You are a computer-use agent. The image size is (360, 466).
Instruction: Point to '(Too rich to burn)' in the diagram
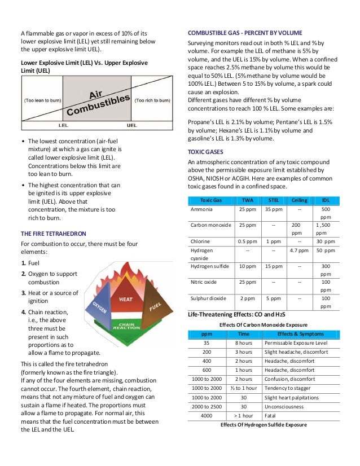pyautogui.click(x=152, y=100)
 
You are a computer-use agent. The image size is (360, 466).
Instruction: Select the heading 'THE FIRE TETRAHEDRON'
pyautogui.click(x=54, y=233)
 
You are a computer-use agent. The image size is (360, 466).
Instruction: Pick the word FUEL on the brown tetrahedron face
pyautogui.click(x=155, y=308)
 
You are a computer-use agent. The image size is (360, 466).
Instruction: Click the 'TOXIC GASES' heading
pyautogui.click(x=205, y=152)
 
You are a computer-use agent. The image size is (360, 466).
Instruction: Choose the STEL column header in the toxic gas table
pyautogui.click(x=273, y=200)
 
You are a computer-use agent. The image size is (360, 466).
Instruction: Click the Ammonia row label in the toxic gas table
pyautogui.click(x=201, y=209)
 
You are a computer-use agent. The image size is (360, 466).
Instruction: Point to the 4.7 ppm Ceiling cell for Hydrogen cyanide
pyautogui.click(x=299, y=250)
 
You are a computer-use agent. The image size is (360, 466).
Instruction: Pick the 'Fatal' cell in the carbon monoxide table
pyautogui.click(x=270, y=416)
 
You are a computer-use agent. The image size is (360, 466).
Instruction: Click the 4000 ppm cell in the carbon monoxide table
pyautogui.click(x=207, y=416)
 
